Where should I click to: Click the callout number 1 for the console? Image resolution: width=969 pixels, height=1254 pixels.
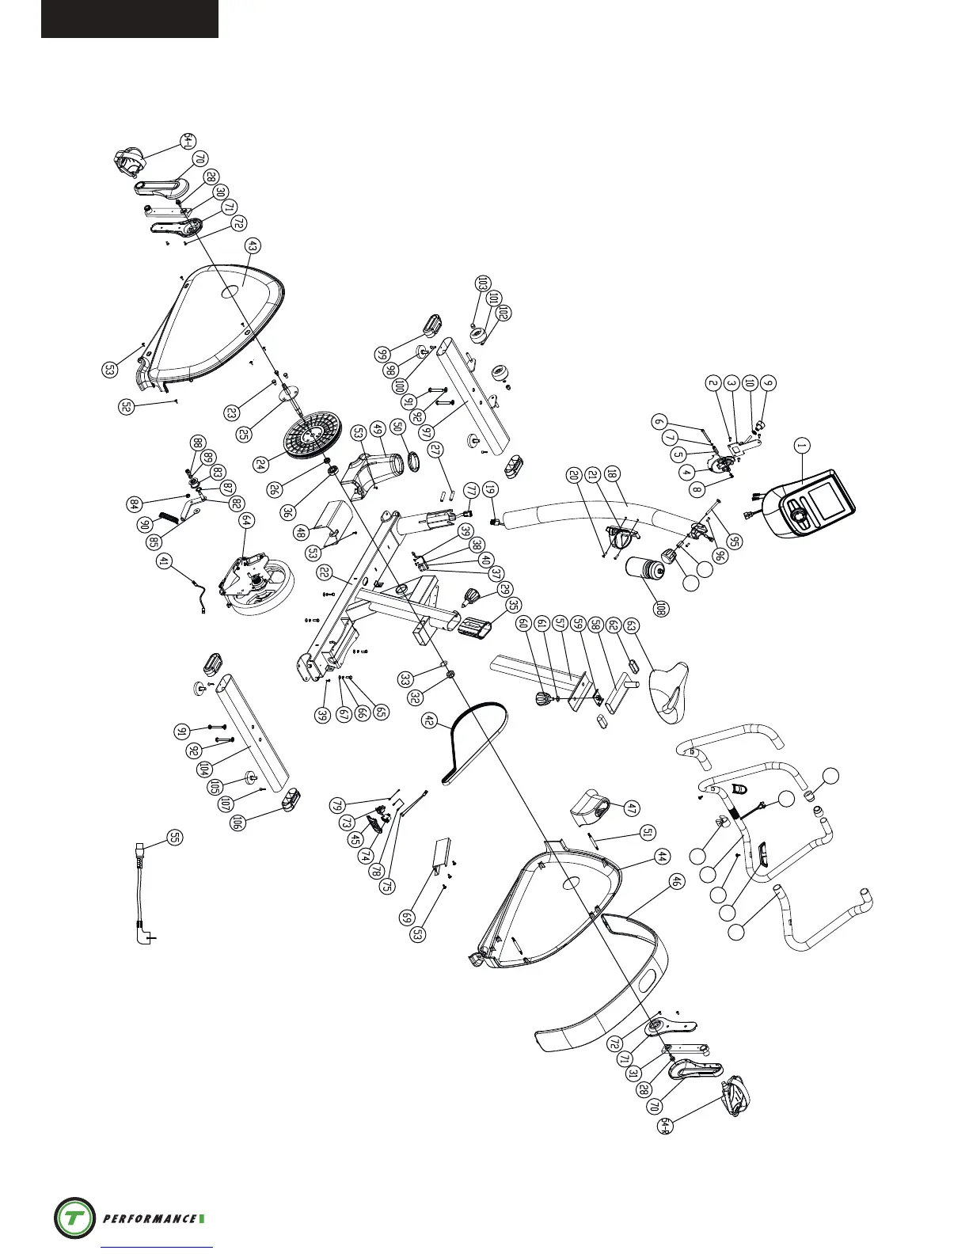pyautogui.click(x=801, y=446)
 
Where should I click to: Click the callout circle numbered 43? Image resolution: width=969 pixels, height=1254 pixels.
pyautogui.click(x=252, y=247)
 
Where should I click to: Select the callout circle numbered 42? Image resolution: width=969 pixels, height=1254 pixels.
pyautogui.click(x=430, y=721)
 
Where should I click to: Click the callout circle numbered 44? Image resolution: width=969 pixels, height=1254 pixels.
pyautogui.click(x=661, y=857)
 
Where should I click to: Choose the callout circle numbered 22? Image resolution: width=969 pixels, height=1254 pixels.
pyautogui.click(x=324, y=572)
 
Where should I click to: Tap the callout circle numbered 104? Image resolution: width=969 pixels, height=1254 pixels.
pyautogui.click(x=204, y=768)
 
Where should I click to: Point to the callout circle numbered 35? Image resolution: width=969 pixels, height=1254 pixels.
pyautogui.click(x=513, y=606)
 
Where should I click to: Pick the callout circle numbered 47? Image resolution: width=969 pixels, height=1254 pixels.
pyautogui.click(x=630, y=808)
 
